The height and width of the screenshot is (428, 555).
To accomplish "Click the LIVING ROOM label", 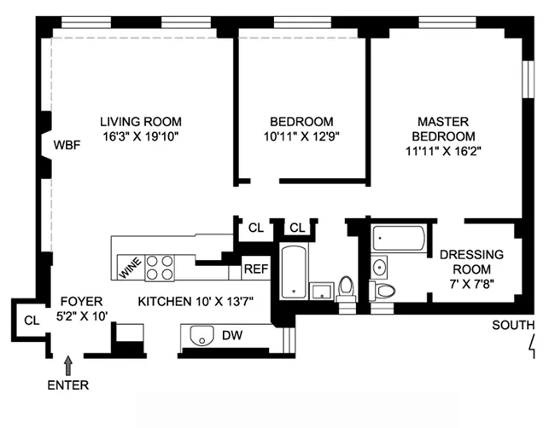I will pos(140,121).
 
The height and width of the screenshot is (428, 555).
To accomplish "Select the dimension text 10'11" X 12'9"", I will pos(301,136).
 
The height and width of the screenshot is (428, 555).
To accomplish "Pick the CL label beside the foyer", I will pos(32,321).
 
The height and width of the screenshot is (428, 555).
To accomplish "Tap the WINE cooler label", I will pos(128,267).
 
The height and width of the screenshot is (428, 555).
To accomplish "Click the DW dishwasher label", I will pos(232,336).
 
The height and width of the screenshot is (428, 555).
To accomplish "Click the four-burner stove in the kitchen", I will pos(160,268).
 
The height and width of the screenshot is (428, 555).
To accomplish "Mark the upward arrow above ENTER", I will pos(69,366).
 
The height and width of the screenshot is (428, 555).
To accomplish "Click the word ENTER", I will pos(68,385).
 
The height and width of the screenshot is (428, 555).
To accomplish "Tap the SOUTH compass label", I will pos(513,325).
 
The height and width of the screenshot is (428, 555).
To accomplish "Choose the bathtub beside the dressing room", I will pos(400,238).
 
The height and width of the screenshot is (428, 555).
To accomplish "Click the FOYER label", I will pos(81,301).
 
